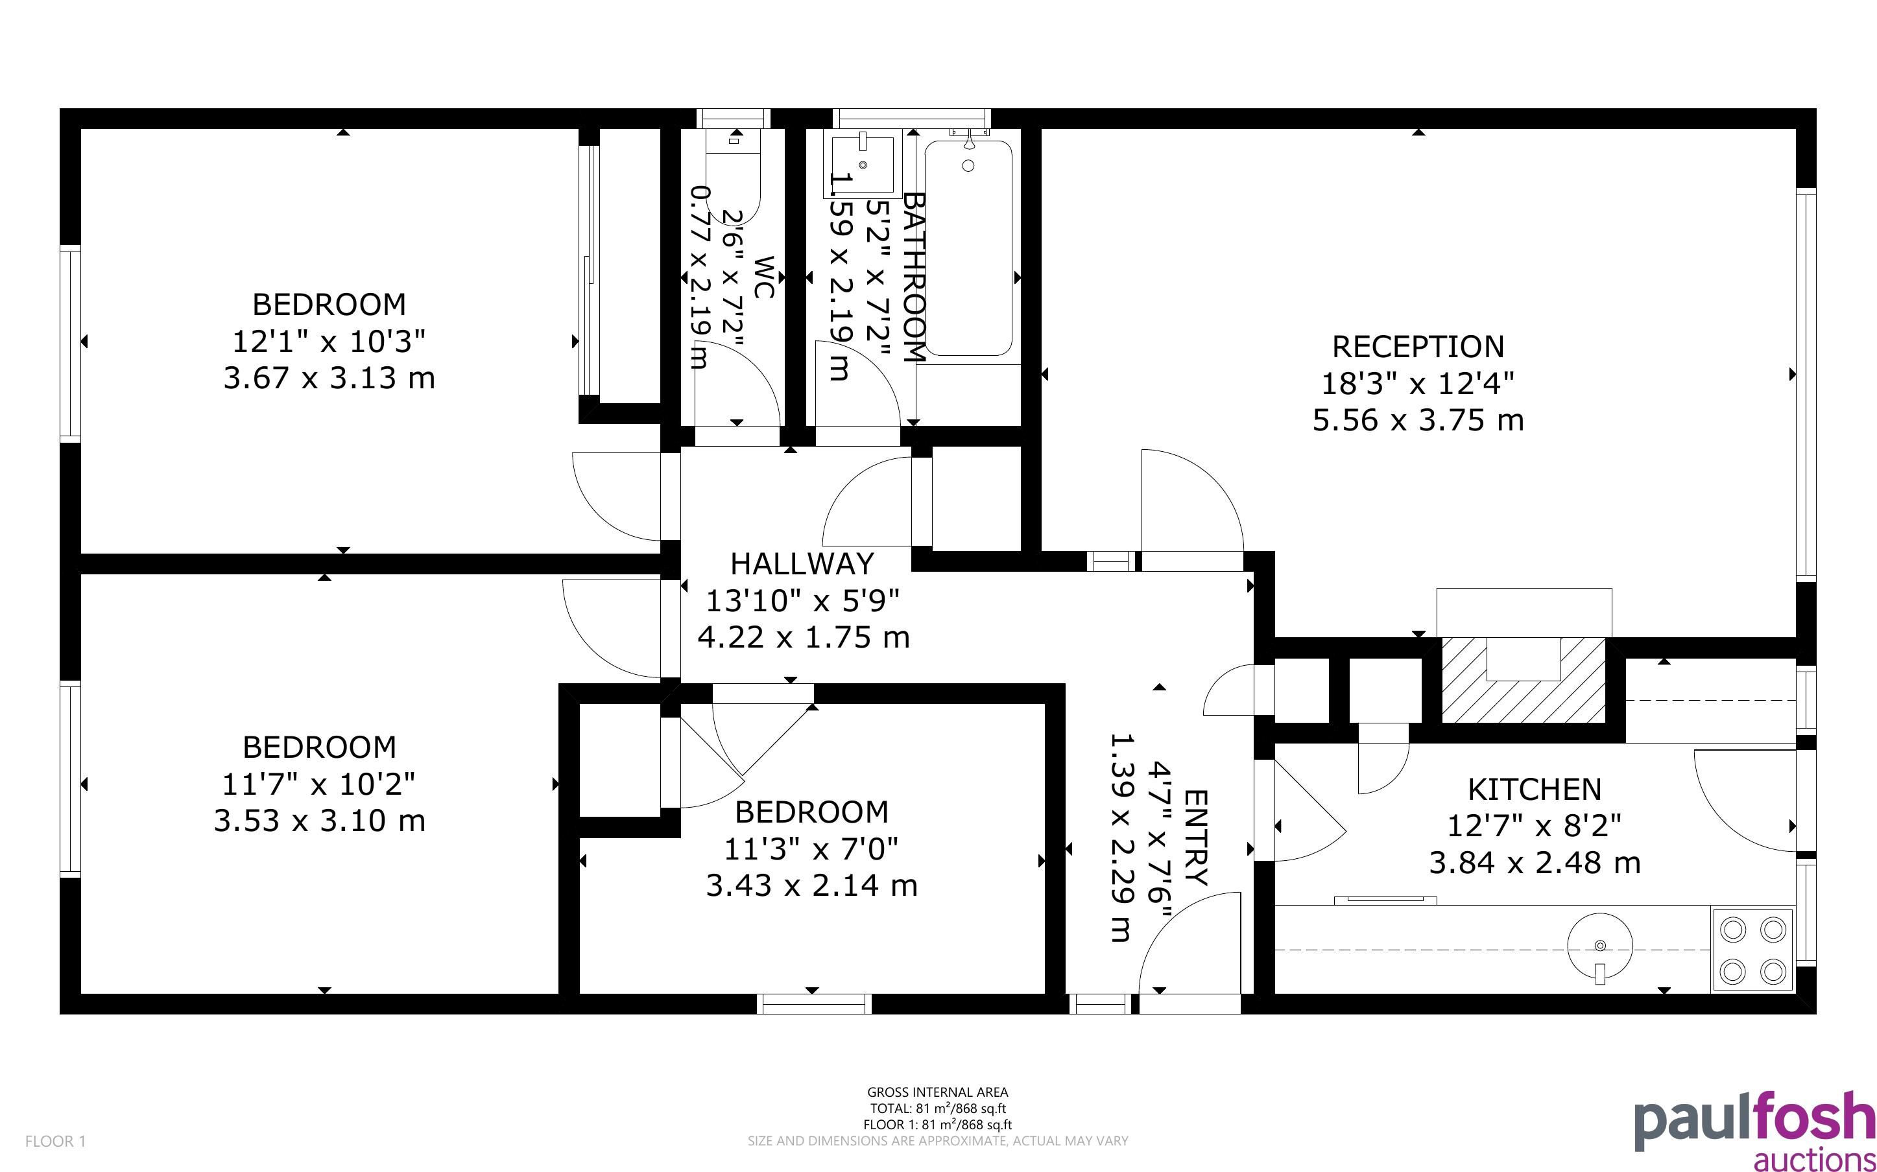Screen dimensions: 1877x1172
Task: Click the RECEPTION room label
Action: click(1418, 347)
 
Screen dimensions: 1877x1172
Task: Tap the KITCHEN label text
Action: click(1535, 789)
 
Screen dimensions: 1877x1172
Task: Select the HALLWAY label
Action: click(802, 563)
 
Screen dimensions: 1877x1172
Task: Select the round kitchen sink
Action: click(1599, 946)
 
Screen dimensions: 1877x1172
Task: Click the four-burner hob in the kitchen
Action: click(1752, 950)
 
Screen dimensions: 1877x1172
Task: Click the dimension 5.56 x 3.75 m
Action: click(1418, 421)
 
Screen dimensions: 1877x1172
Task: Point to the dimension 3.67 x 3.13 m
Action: click(329, 379)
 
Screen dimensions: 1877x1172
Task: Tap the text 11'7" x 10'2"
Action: click(318, 784)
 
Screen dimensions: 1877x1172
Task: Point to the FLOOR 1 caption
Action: click(56, 1141)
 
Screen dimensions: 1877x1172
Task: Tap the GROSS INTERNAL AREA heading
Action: click(937, 1093)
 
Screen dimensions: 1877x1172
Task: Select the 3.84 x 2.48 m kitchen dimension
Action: click(1535, 863)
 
